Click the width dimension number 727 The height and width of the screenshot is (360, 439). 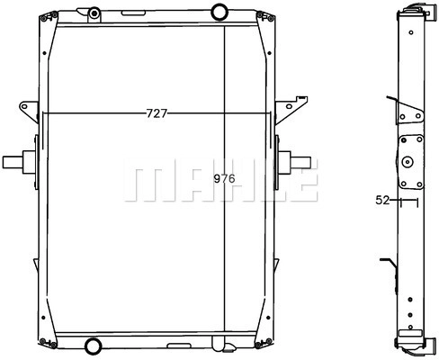click(157, 113)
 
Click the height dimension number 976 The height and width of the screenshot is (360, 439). click(224, 179)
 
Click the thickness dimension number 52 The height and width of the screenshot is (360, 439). click(382, 200)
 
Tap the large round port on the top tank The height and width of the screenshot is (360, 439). click(219, 12)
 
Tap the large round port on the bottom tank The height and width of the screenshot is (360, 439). click(93, 346)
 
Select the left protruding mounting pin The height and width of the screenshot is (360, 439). click(19, 162)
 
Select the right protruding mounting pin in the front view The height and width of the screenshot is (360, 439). click(294, 162)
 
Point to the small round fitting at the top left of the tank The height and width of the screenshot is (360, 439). click(94, 13)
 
